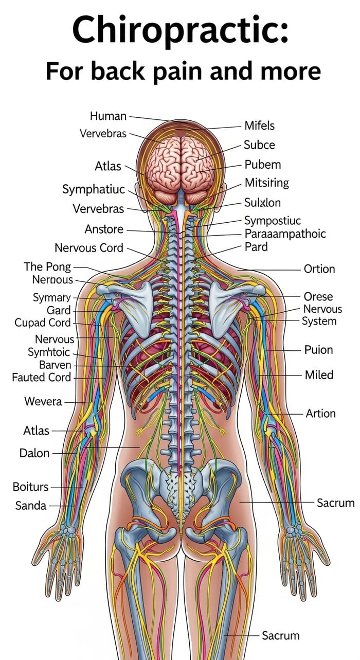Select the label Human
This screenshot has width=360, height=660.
click(x=108, y=116)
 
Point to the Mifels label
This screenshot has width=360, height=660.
click(x=259, y=126)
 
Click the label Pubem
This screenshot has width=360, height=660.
click(x=262, y=165)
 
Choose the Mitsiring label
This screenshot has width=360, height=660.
click(x=266, y=183)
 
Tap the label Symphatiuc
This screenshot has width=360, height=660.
click(x=94, y=189)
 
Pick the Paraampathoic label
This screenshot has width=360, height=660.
click(x=285, y=234)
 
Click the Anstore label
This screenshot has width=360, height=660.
click(x=104, y=229)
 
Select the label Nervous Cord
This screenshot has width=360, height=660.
click(x=89, y=248)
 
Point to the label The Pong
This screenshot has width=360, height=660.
click(x=47, y=267)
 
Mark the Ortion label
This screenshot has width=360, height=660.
click(x=319, y=269)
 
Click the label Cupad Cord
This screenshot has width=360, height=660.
click(x=43, y=323)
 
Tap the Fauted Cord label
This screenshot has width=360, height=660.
click(x=41, y=377)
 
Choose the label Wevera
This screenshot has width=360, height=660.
click(x=43, y=401)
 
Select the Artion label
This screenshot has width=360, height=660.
click(x=320, y=414)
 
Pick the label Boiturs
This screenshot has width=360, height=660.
click(x=31, y=487)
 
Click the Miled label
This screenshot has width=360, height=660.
click(x=319, y=375)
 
